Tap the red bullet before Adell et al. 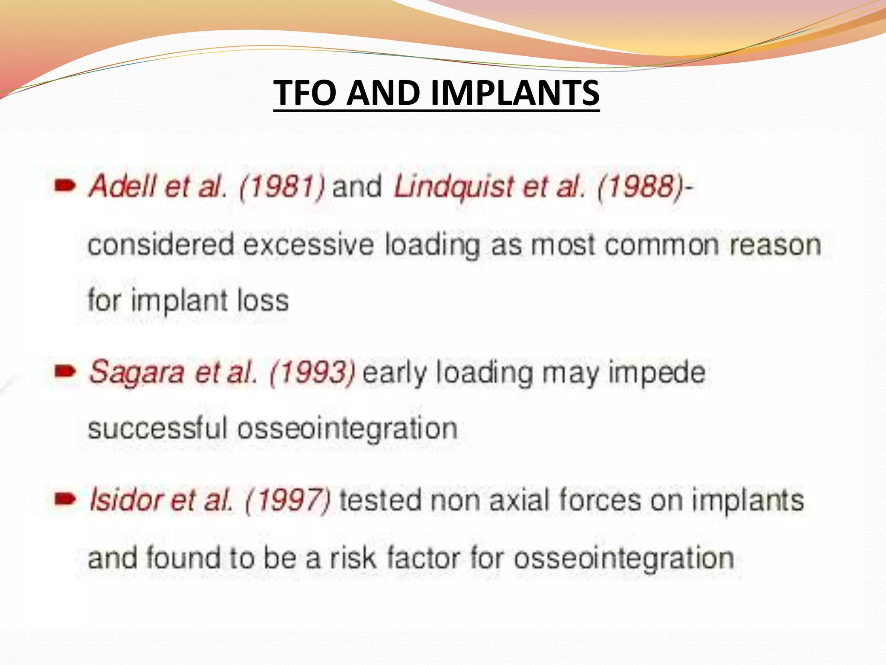tap(65, 186)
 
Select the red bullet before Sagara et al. tap(65, 371)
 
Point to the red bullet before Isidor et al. tap(65, 499)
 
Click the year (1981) tap(282, 186)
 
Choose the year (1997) tap(288, 500)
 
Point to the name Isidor tap(125, 500)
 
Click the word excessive tap(308, 245)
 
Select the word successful tap(157, 429)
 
